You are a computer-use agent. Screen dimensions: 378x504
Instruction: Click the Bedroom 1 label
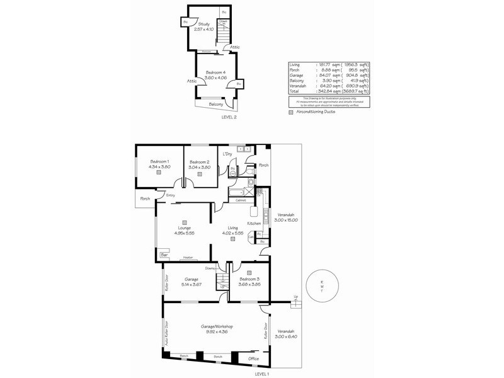(x=159, y=162)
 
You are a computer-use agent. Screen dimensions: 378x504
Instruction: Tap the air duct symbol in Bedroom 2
(x=199, y=175)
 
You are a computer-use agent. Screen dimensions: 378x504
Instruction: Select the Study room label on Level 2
(x=203, y=24)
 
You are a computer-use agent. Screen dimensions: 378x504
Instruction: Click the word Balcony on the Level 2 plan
(x=215, y=104)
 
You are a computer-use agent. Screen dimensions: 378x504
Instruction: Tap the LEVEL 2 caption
(x=229, y=117)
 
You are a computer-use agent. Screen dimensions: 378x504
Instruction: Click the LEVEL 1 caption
(x=261, y=374)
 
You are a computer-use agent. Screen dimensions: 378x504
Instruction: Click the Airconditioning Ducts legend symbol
(x=291, y=112)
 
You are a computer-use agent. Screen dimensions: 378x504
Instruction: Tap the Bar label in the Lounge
(x=164, y=255)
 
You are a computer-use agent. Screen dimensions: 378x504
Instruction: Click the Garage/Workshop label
(x=217, y=326)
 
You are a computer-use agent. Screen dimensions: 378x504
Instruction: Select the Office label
(x=254, y=358)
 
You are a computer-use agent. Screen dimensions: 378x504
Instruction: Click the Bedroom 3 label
(x=249, y=279)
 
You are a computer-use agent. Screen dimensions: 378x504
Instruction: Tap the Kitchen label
(x=254, y=224)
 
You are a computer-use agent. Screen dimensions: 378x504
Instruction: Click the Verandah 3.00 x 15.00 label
(x=285, y=217)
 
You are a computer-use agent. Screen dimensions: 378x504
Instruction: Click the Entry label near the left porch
(x=170, y=195)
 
